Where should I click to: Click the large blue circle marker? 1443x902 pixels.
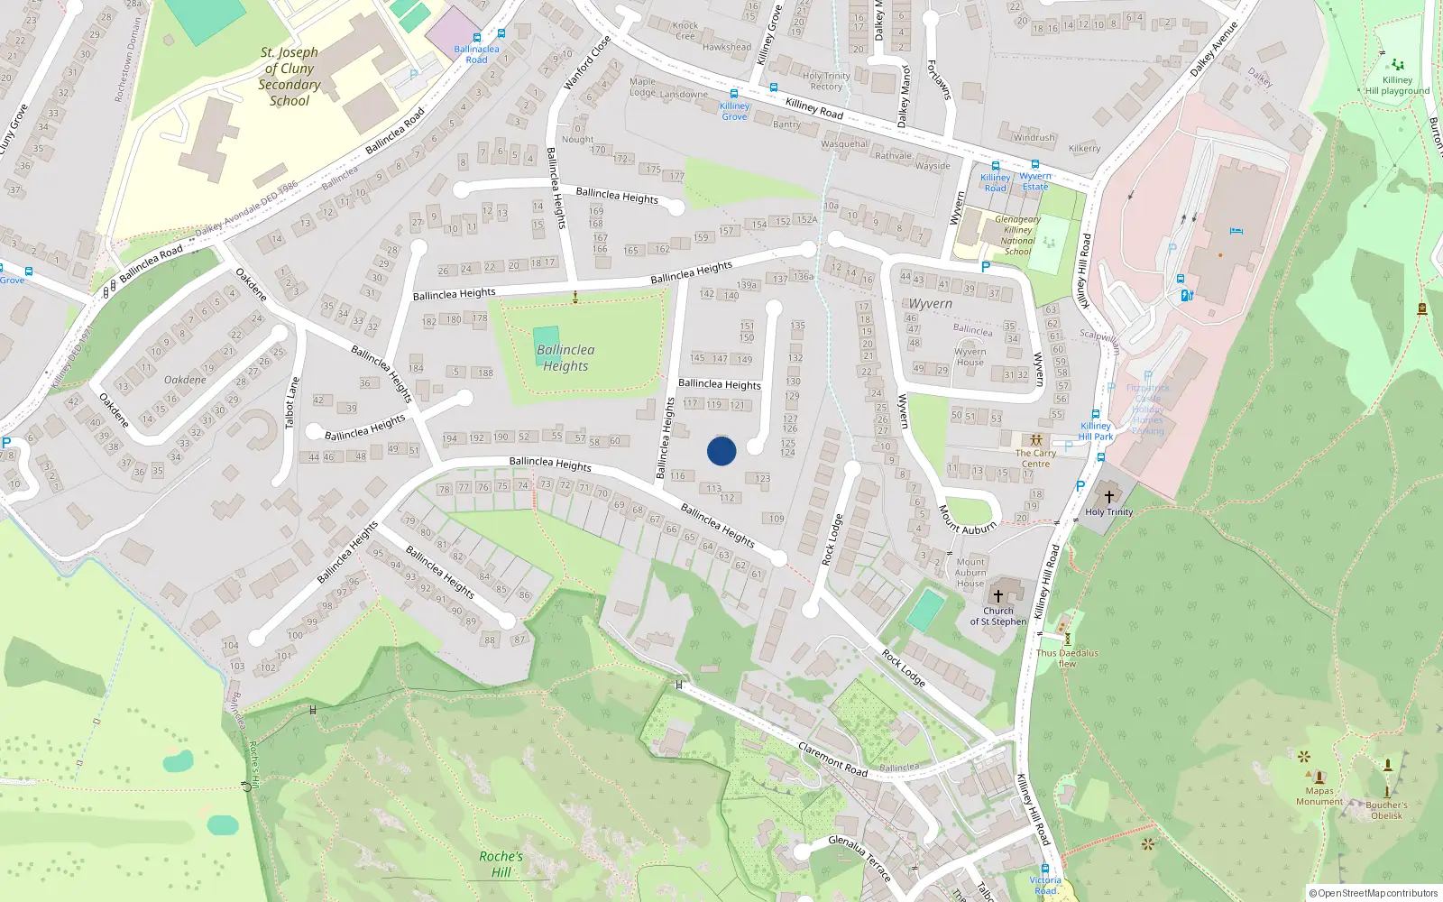pos(721,451)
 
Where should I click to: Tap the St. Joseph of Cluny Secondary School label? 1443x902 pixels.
pos(290,77)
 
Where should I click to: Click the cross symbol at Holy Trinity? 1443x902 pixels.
pos(1109,497)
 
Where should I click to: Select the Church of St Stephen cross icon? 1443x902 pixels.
pos(998,595)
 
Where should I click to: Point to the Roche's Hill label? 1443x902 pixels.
pos(501,864)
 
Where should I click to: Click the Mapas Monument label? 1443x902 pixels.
pos(1319,796)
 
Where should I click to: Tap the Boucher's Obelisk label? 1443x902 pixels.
pos(1386,810)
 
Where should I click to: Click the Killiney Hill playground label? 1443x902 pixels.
pos(1397,85)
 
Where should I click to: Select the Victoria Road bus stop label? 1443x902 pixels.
pos(1045,885)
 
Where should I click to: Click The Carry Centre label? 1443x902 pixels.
pos(1035,458)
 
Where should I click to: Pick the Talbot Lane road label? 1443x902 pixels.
pos(291,403)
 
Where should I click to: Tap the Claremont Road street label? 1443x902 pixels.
pos(832,759)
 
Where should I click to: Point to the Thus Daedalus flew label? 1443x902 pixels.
pos(1067,658)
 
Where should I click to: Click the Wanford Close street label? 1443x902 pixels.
pos(586,62)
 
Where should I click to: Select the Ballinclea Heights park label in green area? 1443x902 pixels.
pos(565,358)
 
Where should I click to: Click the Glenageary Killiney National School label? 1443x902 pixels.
pos(1017,235)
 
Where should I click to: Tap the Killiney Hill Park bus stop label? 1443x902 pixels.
pos(1096,431)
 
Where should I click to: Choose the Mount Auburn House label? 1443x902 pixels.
pos(970,573)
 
